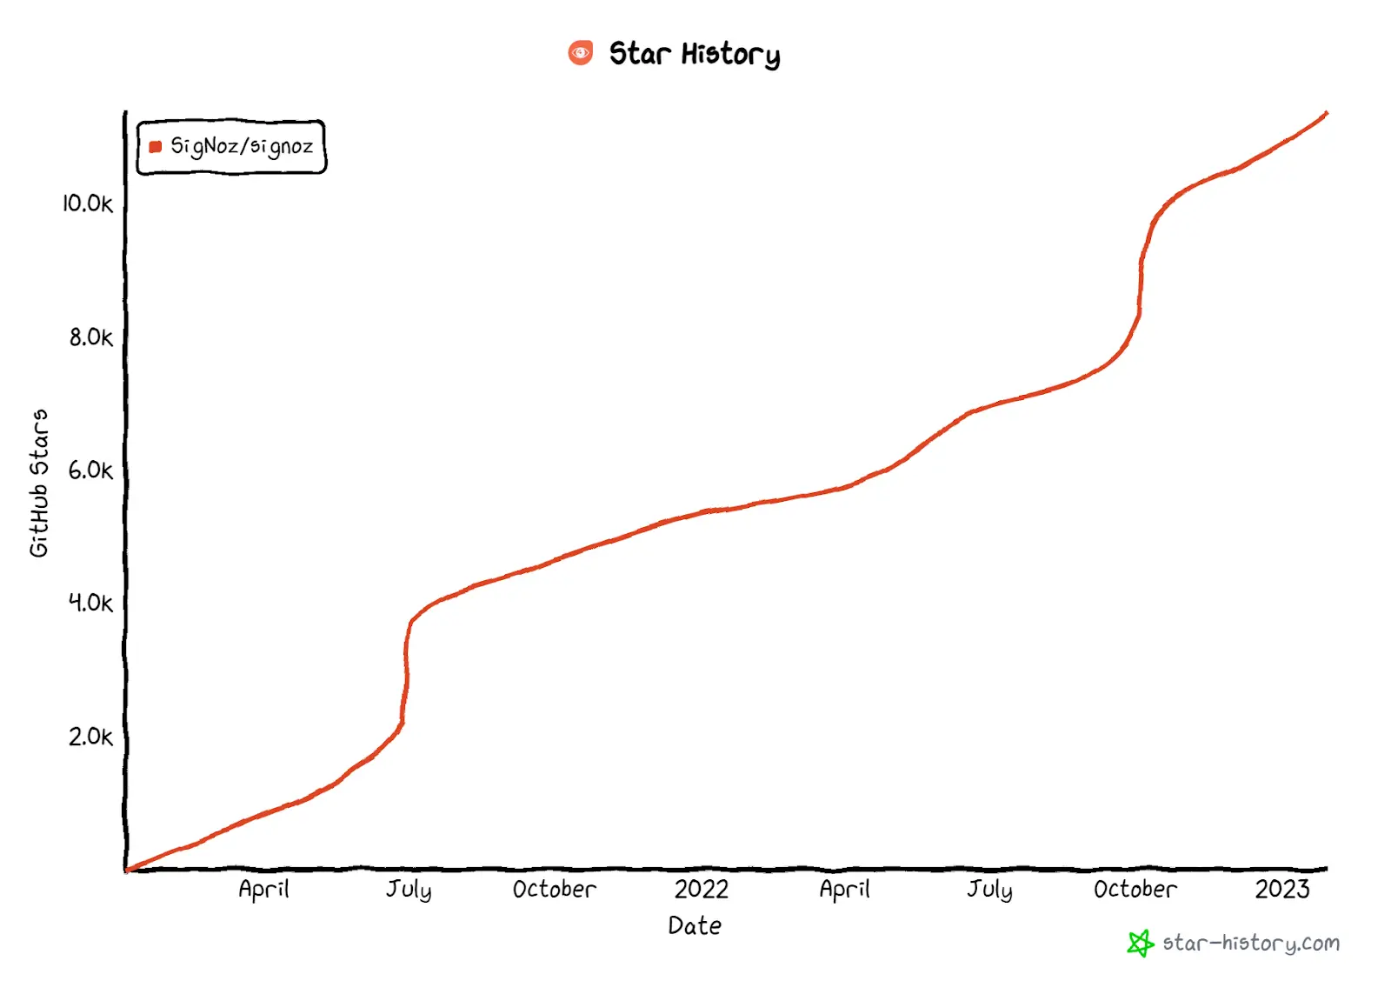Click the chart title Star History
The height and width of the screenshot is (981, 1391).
[694, 54]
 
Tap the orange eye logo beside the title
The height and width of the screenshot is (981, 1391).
[580, 53]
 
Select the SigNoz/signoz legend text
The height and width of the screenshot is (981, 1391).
[242, 146]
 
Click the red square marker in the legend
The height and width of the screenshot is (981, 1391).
[156, 147]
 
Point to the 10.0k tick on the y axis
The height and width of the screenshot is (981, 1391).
[87, 204]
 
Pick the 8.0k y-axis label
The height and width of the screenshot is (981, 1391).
[90, 337]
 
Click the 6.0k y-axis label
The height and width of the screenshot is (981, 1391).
[90, 470]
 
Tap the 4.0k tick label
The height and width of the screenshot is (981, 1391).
[90, 604]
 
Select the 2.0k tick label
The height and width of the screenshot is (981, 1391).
[90, 737]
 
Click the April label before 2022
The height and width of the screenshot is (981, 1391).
[263, 890]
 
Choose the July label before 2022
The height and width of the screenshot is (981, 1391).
[409, 890]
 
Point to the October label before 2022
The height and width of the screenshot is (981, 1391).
[554, 890]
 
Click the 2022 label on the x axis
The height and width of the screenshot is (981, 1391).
[702, 890]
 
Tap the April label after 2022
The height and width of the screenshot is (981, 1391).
[844, 890]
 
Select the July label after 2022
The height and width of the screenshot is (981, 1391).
[989, 890]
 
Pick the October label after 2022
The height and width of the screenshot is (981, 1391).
[1135, 890]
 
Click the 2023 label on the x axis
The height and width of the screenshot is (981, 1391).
[1281, 890]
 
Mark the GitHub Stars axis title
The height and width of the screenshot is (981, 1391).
[39, 483]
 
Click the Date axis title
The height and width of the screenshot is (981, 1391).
[695, 926]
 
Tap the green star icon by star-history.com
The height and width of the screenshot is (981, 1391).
[1140, 944]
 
